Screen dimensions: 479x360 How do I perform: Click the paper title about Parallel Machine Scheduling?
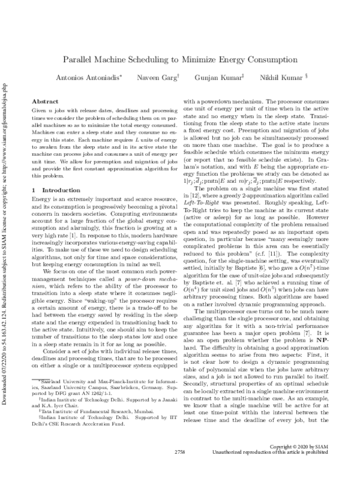[180, 61]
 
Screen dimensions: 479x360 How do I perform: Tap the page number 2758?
[179, 468]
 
